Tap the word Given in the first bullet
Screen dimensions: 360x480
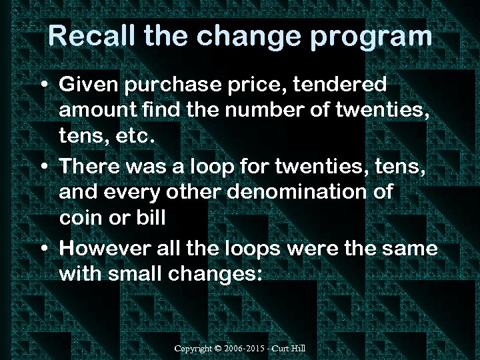88,85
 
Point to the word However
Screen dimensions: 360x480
107,249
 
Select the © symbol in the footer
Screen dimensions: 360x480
221,349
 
